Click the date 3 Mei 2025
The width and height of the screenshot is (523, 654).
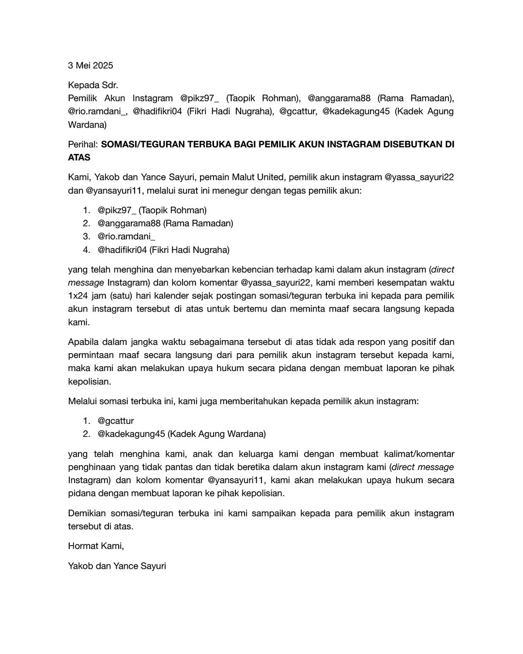click(x=90, y=65)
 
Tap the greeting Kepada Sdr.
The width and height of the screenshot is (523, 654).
click(x=93, y=85)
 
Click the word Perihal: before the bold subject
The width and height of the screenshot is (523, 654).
click(x=83, y=144)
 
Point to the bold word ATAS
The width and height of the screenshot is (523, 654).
click(x=79, y=157)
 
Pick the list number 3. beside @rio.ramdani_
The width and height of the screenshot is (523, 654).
click(x=86, y=236)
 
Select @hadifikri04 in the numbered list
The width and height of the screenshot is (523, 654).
click(x=122, y=250)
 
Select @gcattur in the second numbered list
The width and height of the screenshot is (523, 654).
click(x=116, y=420)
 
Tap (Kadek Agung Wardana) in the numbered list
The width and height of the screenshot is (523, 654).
click(x=216, y=434)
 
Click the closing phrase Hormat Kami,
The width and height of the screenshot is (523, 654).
click(x=96, y=546)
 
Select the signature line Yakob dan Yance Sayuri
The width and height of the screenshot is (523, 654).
click(x=117, y=566)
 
